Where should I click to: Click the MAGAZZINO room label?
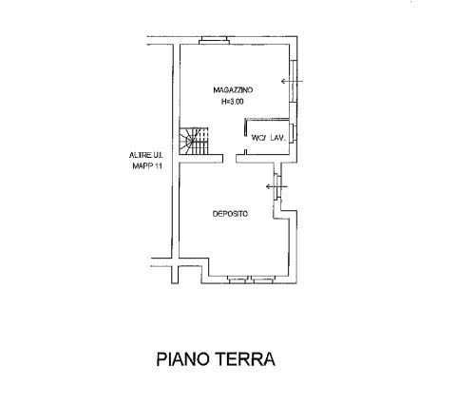[x=233, y=90]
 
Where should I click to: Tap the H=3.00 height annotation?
[x=232, y=102]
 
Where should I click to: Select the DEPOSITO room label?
[x=230, y=214]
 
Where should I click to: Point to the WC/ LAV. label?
[x=269, y=138]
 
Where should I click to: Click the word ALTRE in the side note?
[x=138, y=155]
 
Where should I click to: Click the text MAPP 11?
[x=147, y=165]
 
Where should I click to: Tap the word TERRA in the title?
[x=245, y=359]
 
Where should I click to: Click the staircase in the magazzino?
[x=194, y=141]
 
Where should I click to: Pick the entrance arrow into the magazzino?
[x=293, y=82]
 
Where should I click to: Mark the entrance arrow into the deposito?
[x=276, y=186]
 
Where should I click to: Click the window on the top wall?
[x=214, y=41]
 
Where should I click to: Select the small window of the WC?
[x=294, y=132]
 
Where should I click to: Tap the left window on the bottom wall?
[x=238, y=279]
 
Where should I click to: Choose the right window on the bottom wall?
[x=263, y=279]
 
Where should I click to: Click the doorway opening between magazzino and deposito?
[x=229, y=159]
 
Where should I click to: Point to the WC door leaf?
[x=245, y=127]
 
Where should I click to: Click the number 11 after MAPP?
[x=158, y=165]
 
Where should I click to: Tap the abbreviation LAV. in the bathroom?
[x=278, y=138]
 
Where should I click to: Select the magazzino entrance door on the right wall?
[x=294, y=81]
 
